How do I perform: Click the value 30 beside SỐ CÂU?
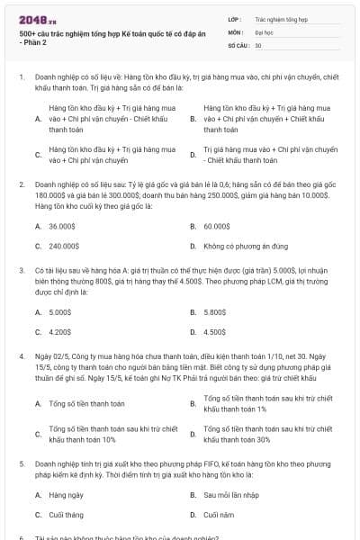click(x=257, y=44)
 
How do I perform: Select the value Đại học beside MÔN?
click(x=264, y=31)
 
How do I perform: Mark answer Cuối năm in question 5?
click(x=219, y=514)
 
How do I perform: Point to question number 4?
click(x=21, y=357)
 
